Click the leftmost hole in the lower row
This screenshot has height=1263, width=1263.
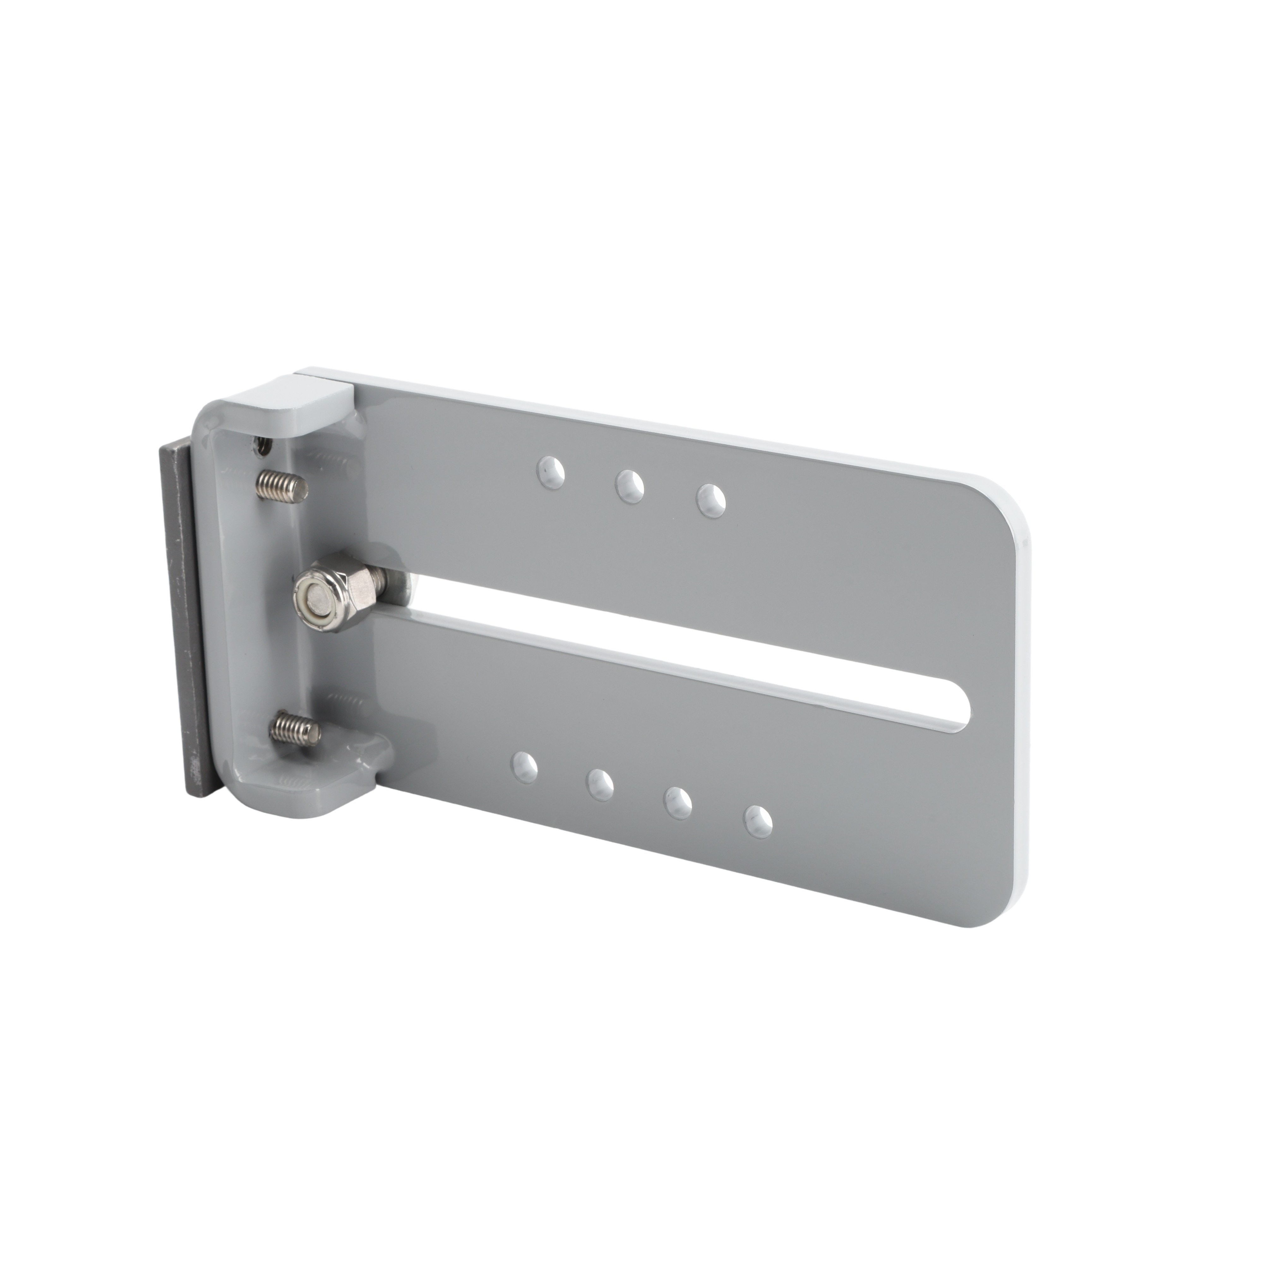point(525,765)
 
